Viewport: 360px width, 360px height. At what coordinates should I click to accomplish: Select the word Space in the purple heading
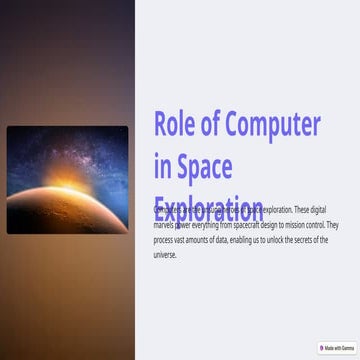204,165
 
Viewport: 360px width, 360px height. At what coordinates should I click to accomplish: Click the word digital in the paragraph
313,211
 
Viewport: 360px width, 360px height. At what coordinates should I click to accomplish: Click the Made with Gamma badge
338,348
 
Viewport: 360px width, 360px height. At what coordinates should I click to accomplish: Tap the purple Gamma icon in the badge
324,348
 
